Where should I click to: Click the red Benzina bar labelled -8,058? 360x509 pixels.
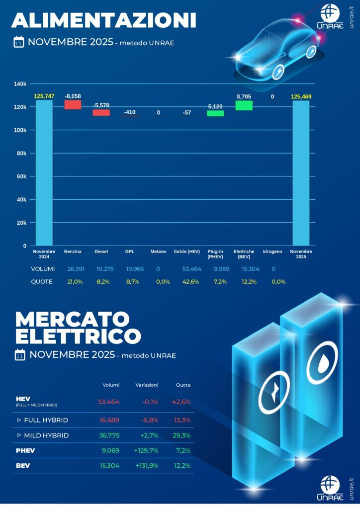[73, 104]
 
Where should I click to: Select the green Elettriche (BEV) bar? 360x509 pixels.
[244, 105]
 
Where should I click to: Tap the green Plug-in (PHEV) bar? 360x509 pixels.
[215, 113]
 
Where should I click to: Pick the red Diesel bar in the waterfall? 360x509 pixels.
[101, 113]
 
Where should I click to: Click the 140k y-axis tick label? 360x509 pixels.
[20, 84]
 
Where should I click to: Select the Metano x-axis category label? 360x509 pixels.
[159, 252]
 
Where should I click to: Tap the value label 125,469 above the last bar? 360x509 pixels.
[301, 96]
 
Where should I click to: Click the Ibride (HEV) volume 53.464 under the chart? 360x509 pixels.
[187, 269]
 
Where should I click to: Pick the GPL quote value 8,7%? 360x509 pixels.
[130, 281]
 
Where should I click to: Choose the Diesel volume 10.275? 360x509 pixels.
[101, 269]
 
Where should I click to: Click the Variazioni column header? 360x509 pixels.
[147, 385]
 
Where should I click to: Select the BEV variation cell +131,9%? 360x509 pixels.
[146, 466]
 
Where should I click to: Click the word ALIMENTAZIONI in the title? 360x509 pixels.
[104, 20]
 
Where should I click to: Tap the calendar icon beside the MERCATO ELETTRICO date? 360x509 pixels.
[20, 355]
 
